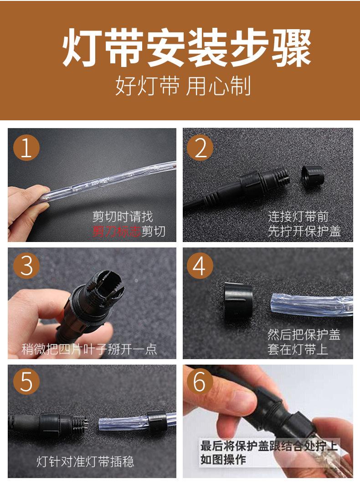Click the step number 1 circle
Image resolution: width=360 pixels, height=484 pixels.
26,148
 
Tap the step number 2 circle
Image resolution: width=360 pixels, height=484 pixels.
200,148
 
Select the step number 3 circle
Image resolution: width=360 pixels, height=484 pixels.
26,265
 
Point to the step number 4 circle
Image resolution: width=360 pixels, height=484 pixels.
200,265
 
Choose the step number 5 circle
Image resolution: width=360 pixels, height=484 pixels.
26,381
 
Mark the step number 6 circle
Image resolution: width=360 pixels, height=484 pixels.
200,381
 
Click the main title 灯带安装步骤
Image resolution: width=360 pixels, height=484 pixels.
186,48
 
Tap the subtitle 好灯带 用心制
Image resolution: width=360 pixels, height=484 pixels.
183,86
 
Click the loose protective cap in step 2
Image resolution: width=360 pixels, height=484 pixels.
313,177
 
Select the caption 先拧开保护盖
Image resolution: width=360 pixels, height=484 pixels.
304,231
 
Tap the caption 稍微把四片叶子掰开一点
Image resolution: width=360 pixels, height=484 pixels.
89,349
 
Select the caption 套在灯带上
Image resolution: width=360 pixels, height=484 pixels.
298,349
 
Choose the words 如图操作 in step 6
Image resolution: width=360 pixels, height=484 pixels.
223,459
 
